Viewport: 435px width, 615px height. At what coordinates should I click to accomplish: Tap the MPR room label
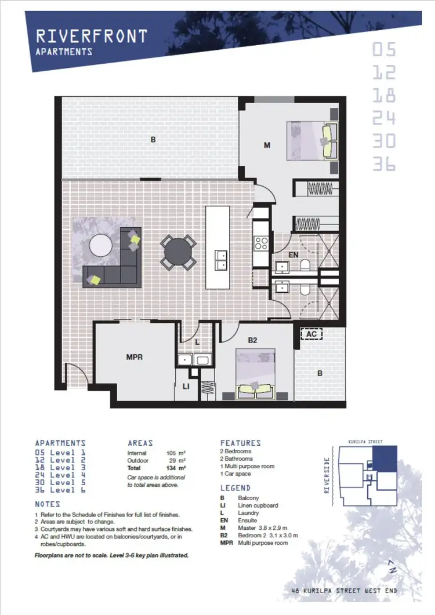click(135, 357)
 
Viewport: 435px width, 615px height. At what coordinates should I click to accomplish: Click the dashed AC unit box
click(311, 334)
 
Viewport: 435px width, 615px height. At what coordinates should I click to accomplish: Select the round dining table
click(177, 252)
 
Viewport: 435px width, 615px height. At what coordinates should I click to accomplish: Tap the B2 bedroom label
click(252, 340)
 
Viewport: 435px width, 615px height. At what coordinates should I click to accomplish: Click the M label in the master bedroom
click(267, 145)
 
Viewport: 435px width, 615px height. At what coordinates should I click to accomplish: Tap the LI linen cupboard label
click(186, 385)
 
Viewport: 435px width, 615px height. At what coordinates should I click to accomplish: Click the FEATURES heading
click(240, 443)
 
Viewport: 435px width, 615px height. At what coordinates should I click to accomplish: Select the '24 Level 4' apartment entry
click(60, 475)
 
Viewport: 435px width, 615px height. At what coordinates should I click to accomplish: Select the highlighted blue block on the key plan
click(383, 458)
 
